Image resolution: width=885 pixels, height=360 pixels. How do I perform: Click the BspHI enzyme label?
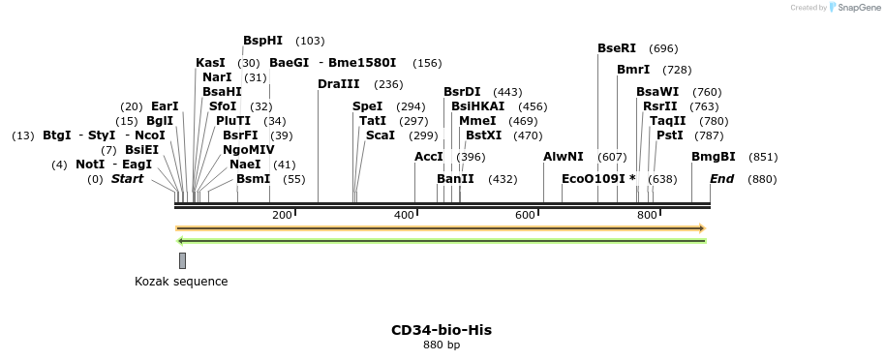[262, 41]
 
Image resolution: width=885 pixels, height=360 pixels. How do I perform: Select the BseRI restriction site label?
[617, 48]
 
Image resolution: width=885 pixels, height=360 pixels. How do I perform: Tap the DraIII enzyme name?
[338, 84]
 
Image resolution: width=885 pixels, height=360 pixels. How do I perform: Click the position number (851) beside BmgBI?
[763, 157]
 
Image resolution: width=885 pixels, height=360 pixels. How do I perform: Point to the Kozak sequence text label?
[181, 282]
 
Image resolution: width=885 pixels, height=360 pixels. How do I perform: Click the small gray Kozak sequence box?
[182, 260]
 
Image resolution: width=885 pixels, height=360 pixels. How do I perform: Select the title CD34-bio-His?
[441, 330]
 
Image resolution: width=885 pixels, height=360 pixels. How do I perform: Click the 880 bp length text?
[442, 345]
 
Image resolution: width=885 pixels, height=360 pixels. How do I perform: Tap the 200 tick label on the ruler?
[282, 215]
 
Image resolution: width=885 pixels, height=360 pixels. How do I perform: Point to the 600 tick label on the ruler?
[526, 215]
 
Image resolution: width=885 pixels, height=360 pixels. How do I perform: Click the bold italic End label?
[722, 179]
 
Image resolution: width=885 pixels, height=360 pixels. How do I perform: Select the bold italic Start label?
[127, 179]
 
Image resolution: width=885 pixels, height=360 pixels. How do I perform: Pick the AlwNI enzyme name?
[564, 157]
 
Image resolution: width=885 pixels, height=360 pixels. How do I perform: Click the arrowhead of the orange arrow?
[701, 228]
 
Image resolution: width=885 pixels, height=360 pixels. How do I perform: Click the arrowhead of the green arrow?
[180, 241]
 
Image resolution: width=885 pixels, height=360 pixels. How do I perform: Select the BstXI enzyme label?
[484, 135]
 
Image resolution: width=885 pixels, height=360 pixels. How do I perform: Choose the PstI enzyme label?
[670, 135]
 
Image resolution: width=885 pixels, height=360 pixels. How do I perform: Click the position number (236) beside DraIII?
[388, 84]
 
